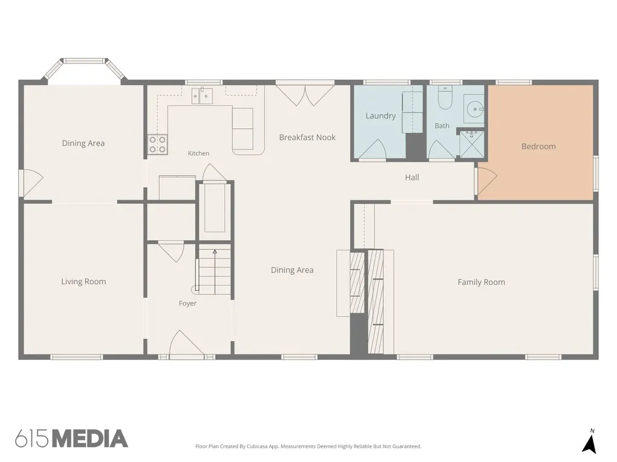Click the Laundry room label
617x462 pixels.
point(381,116)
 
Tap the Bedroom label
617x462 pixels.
point(538,147)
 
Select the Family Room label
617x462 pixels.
point(481,282)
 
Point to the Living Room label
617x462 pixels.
point(83,282)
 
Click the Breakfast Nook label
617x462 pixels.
point(307,138)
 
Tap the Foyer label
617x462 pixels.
point(187,303)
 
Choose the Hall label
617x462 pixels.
point(412,177)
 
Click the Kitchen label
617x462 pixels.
point(198,153)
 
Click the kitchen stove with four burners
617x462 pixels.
point(157,144)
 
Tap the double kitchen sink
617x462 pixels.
point(202,96)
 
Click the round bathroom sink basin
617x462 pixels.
point(475,108)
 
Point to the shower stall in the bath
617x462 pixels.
point(472,144)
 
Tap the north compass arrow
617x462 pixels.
point(589,444)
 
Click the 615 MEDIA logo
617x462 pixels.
point(72,439)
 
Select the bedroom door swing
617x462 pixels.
point(487,180)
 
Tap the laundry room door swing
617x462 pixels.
point(372,149)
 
